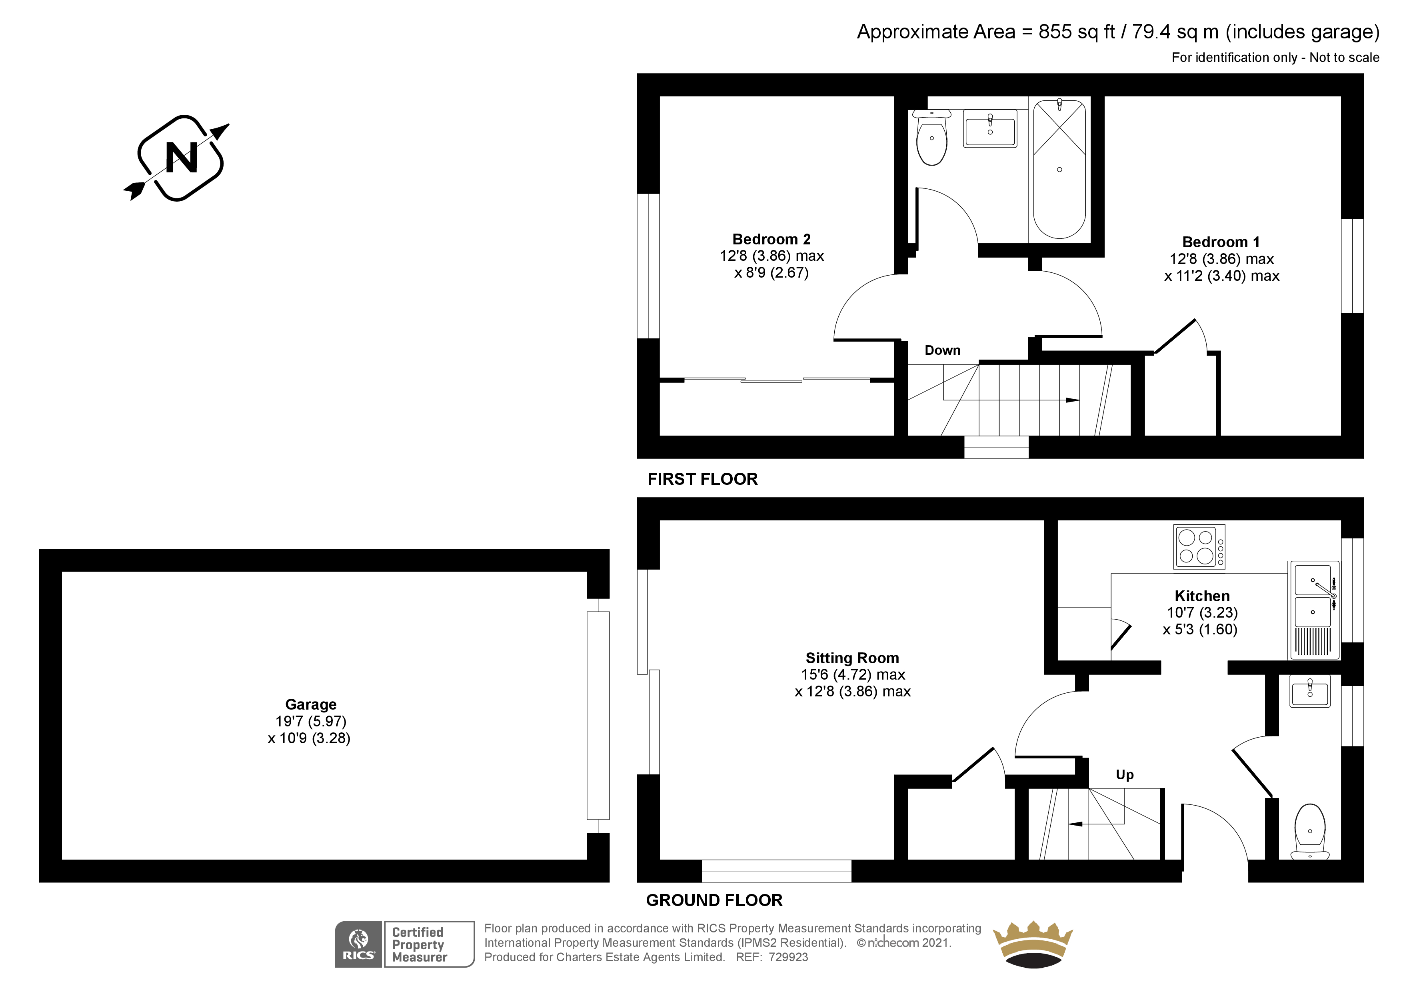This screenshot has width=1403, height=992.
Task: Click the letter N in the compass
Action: click(x=182, y=158)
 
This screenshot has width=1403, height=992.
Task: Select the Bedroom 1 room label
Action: click(x=1221, y=242)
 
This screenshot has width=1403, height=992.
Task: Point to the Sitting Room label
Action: click(x=852, y=658)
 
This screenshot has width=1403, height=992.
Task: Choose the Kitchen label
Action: click(x=1202, y=596)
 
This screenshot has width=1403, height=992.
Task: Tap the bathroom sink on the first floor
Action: click(x=990, y=128)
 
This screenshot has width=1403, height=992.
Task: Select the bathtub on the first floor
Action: click(x=1059, y=169)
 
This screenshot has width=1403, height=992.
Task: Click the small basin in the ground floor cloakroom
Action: click(x=1309, y=691)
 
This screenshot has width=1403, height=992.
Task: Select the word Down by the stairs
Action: click(x=942, y=350)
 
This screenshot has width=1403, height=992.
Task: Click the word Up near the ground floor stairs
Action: click(x=1124, y=775)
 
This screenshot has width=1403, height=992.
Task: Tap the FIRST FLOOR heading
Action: click(x=703, y=479)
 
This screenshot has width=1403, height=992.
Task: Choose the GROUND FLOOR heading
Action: click(x=714, y=900)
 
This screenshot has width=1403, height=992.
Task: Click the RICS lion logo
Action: click(x=359, y=944)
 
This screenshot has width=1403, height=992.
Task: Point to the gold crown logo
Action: click(x=1033, y=944)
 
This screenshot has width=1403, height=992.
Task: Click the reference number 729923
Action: click(x=788, y=957)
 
